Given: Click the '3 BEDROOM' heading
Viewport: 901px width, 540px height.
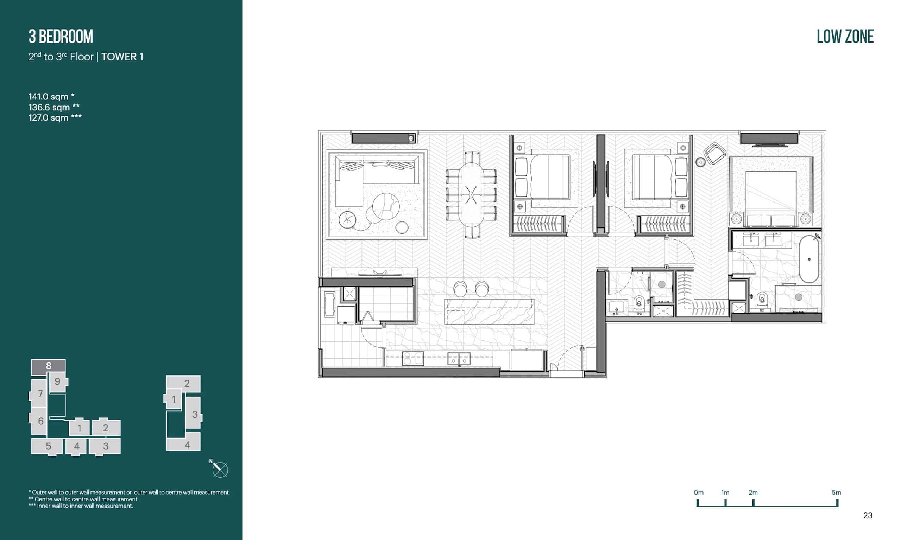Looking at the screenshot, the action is click(61, 37).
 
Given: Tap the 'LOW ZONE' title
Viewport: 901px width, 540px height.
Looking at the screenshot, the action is click(845, 37).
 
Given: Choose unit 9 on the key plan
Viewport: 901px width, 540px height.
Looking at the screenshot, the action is click(57, 382).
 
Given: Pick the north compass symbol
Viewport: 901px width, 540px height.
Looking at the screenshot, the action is click(220, 469).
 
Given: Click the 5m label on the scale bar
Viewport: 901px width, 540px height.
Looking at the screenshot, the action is click(836, 493).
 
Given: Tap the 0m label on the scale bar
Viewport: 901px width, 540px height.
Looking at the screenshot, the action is click(699, 493).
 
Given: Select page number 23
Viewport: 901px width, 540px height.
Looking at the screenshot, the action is click(868, 515).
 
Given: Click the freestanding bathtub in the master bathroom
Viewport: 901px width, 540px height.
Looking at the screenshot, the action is click(809, 259).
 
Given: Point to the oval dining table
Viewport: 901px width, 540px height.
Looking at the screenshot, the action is click(471, 195).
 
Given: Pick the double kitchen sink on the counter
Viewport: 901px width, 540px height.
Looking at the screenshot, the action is click(459, 359).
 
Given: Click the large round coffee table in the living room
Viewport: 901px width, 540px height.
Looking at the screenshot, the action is click(386, 207).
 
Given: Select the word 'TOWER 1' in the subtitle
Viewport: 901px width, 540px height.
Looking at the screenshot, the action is click(122, 57).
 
